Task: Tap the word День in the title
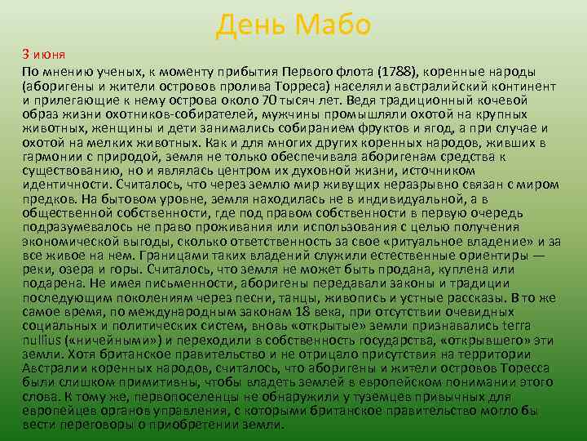tap(248, 26)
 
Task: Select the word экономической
tap(68, 243)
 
